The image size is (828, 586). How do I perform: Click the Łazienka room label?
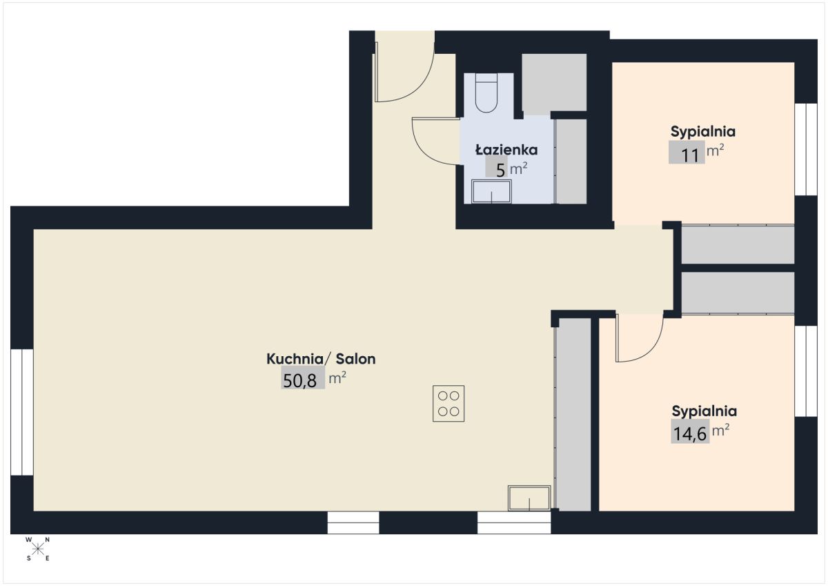pos(506,150)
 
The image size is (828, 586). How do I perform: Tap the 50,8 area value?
pos(299,380)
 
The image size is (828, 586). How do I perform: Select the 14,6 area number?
pos(690,433)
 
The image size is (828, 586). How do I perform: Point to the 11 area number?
pos(690,155)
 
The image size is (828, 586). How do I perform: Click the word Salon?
pos(355,359)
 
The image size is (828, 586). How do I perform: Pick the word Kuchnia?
pos(295,359)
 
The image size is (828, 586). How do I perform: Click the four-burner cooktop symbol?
pos(448,403)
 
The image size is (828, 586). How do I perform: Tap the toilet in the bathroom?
pos(486,92)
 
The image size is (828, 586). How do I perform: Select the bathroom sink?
pos(491,191)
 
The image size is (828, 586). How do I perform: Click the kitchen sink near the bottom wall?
pos(529,498)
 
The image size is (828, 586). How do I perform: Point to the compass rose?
pos(38,549)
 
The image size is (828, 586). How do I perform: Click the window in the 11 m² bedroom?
pos(806,149)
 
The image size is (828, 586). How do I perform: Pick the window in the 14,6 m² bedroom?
pos(806,371)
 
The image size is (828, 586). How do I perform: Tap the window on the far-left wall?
pos(22,412)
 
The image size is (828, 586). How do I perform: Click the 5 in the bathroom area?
pos(500,170)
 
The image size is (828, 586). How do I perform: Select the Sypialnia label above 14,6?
pos(704,411)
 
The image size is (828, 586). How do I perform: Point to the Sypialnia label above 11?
pos(702,131)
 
